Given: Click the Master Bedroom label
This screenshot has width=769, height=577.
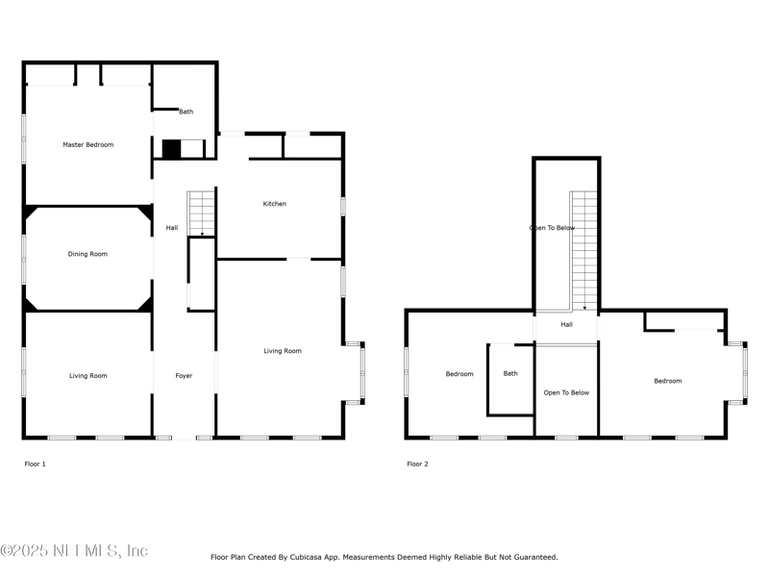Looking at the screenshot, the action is tap(88, 145).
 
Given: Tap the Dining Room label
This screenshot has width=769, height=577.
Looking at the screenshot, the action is tap(87, 254).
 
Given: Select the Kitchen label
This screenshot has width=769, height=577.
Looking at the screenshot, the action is tap(275, 204).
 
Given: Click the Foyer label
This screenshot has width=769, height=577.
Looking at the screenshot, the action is tap(184, 376).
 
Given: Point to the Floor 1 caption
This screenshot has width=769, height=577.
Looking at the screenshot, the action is tap(35, 464).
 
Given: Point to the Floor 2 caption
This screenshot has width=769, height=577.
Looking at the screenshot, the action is tap(417, 464).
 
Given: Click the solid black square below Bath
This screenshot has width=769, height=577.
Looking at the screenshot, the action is tap(172, 149).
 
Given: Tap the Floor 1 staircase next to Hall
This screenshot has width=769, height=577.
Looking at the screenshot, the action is tap(201, 213).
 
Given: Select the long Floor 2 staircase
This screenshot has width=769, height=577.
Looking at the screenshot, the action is tap(584, 251).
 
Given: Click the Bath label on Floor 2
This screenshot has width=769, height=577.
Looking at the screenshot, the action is tap(510, 373).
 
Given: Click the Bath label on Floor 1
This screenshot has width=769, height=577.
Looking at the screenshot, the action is tap(186, 112).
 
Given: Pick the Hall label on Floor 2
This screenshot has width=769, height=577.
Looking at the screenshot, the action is tap(566, 324).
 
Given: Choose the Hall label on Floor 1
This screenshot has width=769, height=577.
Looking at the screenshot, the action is tap(172, 228).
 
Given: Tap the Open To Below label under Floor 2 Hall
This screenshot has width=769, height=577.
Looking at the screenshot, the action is tap(566, 393).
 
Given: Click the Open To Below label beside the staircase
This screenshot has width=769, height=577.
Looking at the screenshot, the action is tap(552, 228).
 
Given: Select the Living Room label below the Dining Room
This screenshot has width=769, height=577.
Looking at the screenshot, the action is tap(88, 376).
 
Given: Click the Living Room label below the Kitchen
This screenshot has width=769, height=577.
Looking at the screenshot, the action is tap(283, 351).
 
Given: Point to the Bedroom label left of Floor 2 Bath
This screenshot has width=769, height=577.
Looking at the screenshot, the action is tap(459, 374).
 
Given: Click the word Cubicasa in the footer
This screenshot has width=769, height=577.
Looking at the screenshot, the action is tap(308, 558).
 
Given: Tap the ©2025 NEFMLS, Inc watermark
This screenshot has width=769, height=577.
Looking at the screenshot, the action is tap(74, 551).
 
